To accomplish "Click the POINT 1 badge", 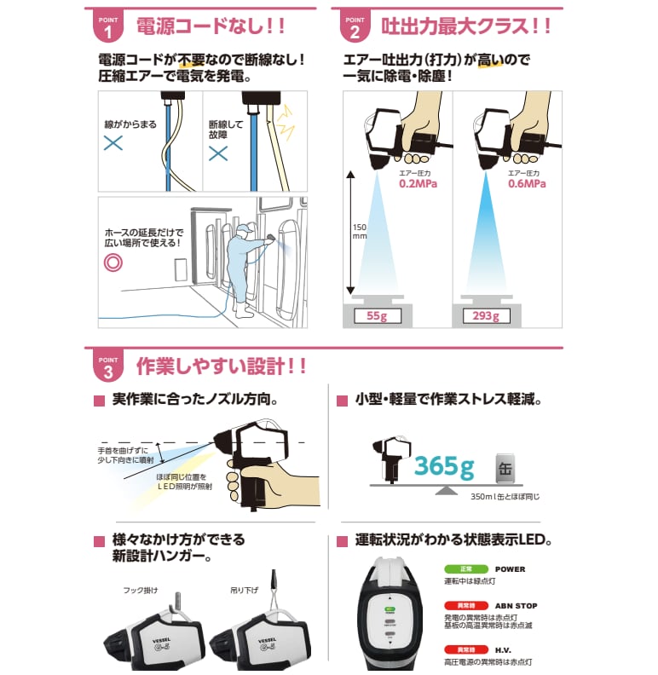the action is [107, 26].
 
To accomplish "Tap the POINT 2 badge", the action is [355, 26].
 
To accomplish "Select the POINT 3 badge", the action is [107, 366].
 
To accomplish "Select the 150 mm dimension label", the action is [357, 233].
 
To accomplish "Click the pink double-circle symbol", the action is [113, 262].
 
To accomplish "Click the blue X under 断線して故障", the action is [219, 153].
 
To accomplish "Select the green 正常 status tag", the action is [459, 569].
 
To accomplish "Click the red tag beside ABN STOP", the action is [459, 606].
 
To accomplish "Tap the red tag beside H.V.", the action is [459, 650].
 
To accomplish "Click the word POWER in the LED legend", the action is [510, 569].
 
